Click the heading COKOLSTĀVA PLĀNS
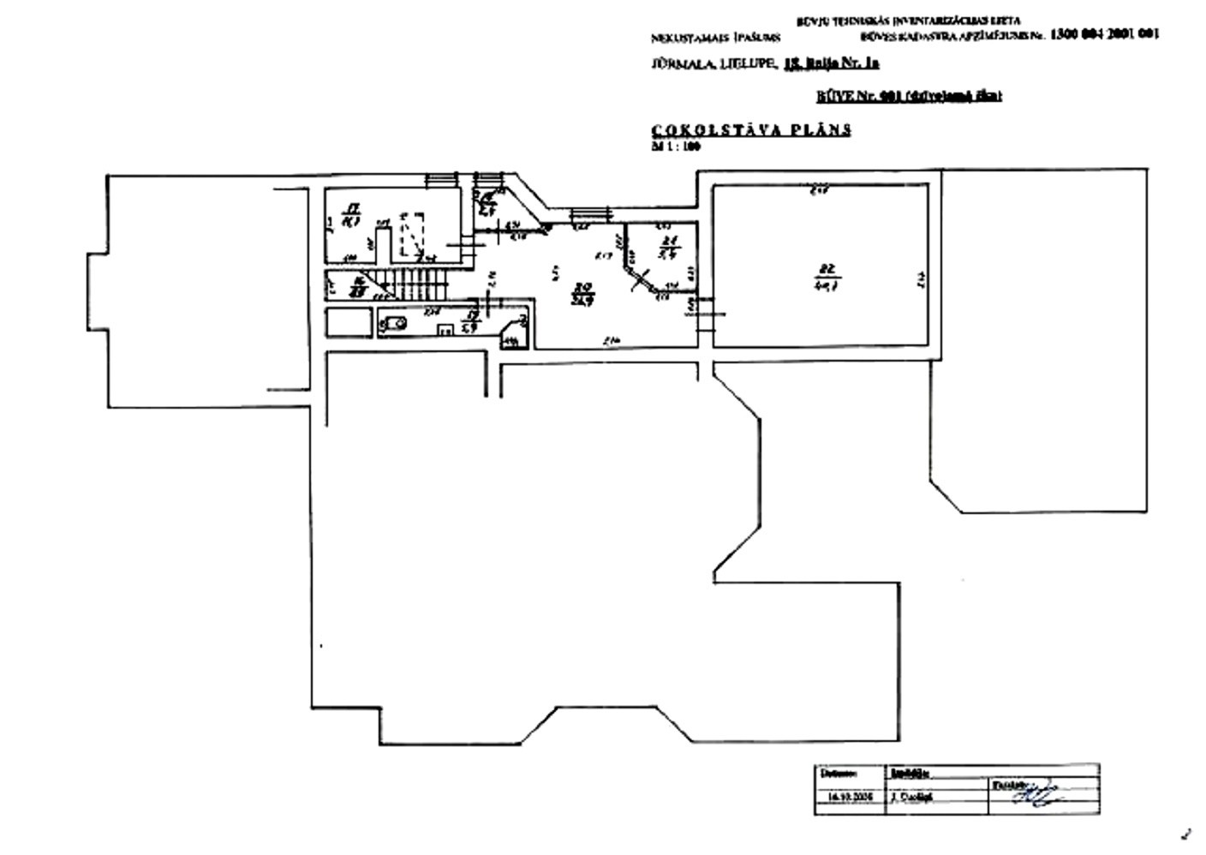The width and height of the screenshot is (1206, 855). tap(751, 130)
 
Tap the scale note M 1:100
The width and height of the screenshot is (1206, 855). tap(676, 146)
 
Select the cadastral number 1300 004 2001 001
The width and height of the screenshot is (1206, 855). tap(1103, 34)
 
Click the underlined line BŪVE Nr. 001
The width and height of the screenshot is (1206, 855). tap(909, 96)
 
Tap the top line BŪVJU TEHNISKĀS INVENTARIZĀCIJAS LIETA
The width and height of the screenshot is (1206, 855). tap(908, 21)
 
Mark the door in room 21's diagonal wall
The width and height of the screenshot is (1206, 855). tap(641, 279)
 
